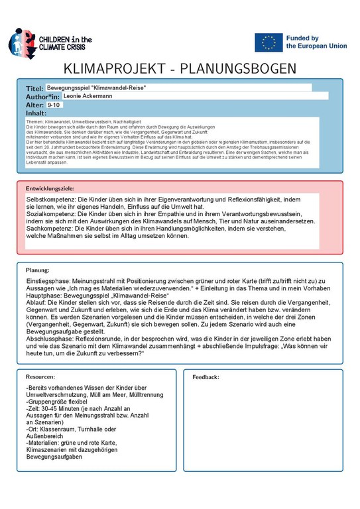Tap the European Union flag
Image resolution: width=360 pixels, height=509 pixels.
[269, 42]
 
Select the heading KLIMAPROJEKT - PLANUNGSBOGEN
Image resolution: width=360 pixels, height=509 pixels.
[180, 70]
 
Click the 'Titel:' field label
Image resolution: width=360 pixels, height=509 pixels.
[34, 88]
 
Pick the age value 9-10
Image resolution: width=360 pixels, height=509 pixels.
[54, 105]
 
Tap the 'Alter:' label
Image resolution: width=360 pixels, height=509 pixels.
[34, 105]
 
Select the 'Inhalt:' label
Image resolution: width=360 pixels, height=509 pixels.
[36, 113]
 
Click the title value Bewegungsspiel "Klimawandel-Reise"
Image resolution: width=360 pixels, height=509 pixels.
[96, 88]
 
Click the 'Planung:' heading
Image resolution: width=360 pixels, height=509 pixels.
[38, 270]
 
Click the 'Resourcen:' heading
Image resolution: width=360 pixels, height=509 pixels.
[40, 376]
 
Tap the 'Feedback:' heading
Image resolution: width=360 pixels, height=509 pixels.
[206, 376]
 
